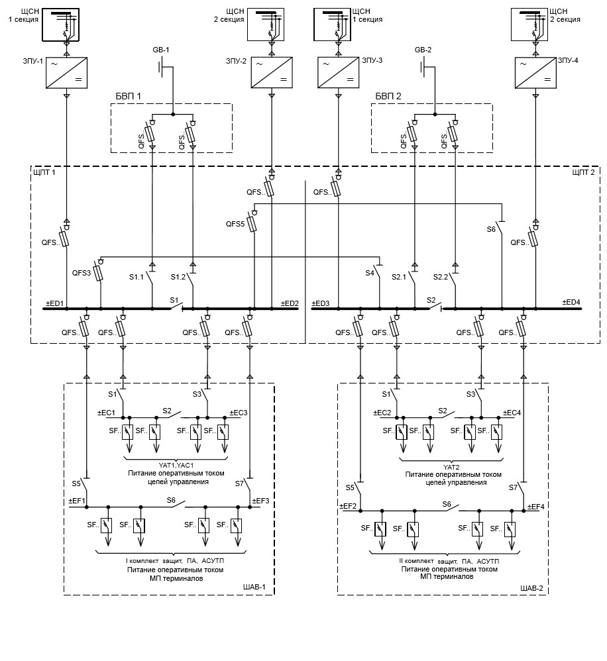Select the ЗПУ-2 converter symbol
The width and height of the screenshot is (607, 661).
point(271,73)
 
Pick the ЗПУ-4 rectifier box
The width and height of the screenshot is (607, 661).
point(535,73)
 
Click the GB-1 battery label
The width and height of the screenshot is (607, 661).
point(163,50)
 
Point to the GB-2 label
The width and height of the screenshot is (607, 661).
point(423,50)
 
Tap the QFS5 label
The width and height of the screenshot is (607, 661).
point(235,224)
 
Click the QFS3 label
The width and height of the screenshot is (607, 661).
point(82,272)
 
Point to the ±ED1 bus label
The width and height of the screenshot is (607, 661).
point(54,303)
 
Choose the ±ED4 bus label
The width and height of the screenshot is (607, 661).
point(571,303)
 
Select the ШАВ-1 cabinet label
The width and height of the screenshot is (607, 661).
point(255,587)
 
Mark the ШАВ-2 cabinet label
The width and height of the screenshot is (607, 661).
point(531,587)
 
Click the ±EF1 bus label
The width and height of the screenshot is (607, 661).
point(77,501)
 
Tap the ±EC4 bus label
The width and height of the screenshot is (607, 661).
point(512,413)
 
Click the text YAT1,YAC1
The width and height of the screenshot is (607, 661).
point(176,465)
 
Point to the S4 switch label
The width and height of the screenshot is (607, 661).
point(370,272)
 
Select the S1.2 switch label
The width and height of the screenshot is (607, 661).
point(178,277)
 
